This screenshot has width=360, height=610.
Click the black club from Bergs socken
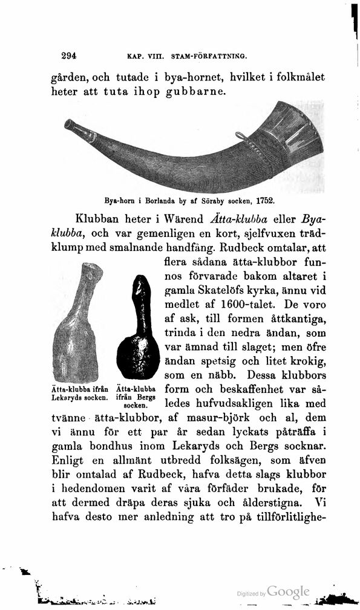138,332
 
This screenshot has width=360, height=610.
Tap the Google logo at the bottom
288,592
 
